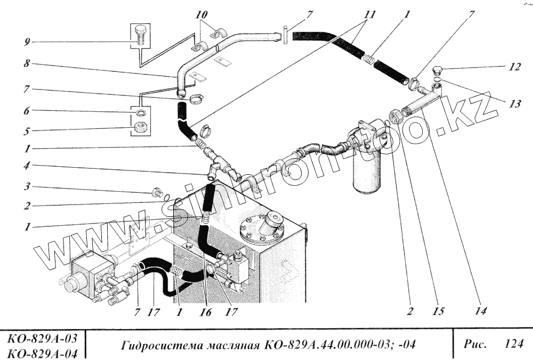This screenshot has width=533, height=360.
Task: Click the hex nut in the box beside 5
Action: (x=141, y=128)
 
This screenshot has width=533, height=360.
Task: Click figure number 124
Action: (x=513, y=344)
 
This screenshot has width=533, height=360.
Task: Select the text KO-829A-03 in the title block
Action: (x=43, y=338)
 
